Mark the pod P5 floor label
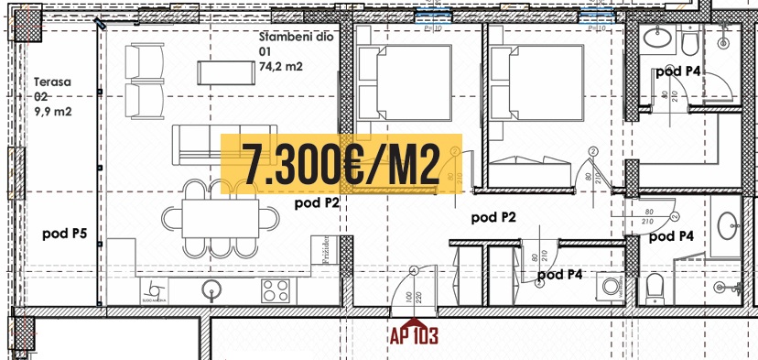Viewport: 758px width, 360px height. pyautogui.click(x=64, y=234)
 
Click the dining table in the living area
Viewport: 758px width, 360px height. pyautogui.click(x=221, y=219)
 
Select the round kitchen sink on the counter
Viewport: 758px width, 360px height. pyautogui.click(x=211, y=291)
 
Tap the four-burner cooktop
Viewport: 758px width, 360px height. pyautogui.click(x=276, y=291)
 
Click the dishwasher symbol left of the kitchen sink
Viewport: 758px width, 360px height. pyautogui.click(x=152, y=290)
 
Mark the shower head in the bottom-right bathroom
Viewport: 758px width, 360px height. pyautogui.click(x=738, y=286)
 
